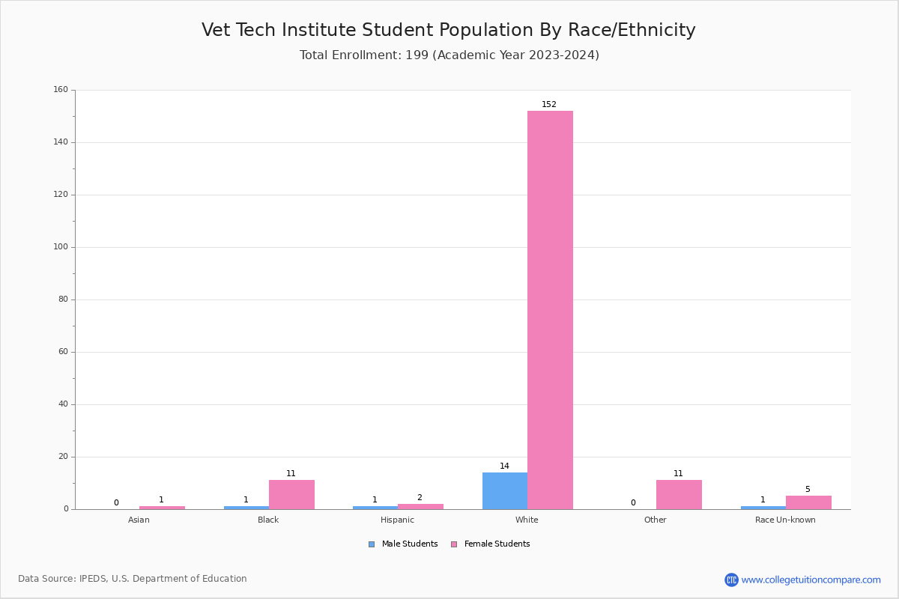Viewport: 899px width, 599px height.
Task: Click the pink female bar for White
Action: (x=550, y=310)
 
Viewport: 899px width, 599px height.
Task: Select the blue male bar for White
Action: (x=505, y=490)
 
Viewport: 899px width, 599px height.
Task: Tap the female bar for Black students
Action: (x=291, y=494)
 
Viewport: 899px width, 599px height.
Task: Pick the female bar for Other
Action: (x=679, y=494)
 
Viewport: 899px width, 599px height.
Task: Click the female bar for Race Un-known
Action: (x=808, y=502)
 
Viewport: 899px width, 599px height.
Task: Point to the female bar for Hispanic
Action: (x=420, y=506)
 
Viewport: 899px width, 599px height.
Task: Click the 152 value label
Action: (x=549, y=105)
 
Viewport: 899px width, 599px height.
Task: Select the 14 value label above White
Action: (x=504, y=466)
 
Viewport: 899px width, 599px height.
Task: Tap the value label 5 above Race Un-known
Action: (x=808, y=490)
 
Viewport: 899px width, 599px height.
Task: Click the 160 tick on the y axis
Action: (x=61, y=90)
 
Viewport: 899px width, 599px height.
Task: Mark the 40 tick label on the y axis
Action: (x=63, y=404)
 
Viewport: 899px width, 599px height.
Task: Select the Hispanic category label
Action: (x=397, y=520)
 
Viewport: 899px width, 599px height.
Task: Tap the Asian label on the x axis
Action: (x=139, y=520)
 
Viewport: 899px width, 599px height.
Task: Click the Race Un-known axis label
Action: (x=785, y=520)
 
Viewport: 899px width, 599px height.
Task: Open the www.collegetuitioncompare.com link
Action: (x=811, y=580)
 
